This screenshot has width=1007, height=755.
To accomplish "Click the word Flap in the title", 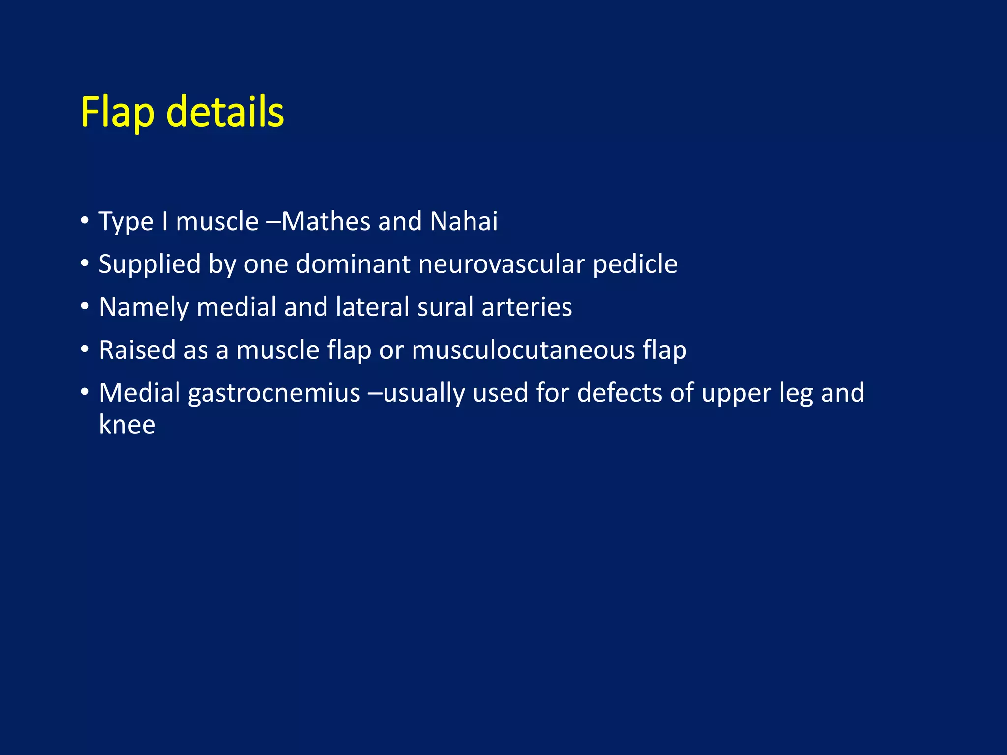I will tap(117, 113).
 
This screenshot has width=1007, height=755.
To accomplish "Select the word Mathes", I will tap(326, 221).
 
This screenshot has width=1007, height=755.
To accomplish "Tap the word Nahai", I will tap(464, 221).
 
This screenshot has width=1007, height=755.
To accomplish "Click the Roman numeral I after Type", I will tap(165, 221).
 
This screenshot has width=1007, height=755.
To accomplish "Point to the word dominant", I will tap(353, 264).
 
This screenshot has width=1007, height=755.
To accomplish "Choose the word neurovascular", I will tap(501, 264).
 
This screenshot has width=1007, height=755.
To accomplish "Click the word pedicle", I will tap(635, 264).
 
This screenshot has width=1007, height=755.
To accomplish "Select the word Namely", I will tap(143, 307).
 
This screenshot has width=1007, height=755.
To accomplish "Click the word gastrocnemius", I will tap(274, 393).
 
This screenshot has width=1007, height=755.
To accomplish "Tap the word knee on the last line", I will tap(127, 425).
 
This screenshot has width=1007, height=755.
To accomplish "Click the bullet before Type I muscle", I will tap(85, 220).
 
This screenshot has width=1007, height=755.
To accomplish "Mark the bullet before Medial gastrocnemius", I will tap(85, 392).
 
